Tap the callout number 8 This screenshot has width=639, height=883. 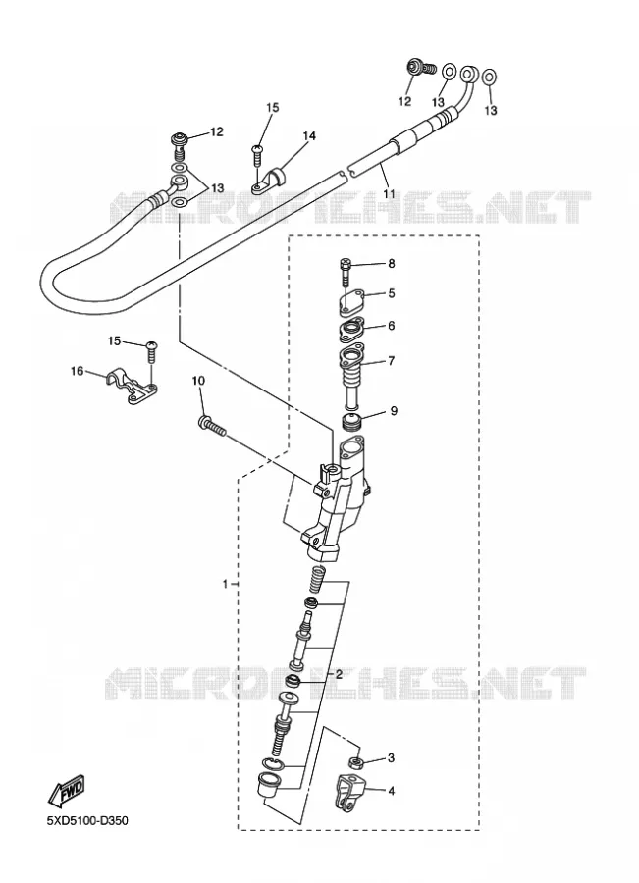[391, 264]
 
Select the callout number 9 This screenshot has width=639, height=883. [394, 411]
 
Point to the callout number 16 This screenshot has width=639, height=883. [78, 371]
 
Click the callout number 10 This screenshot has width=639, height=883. [198, 381]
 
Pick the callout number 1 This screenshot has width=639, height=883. [226, 584]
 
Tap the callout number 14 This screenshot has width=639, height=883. [309, 135]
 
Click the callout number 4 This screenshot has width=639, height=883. [391, 791]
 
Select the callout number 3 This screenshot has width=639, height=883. [391, 758]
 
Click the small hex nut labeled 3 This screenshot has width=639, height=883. [356, 762]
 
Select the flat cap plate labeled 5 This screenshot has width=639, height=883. [352, 302]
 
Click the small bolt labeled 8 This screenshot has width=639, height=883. [346, 273]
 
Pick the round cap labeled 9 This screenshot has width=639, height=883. [353, 421]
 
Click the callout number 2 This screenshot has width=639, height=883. [339, 674]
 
